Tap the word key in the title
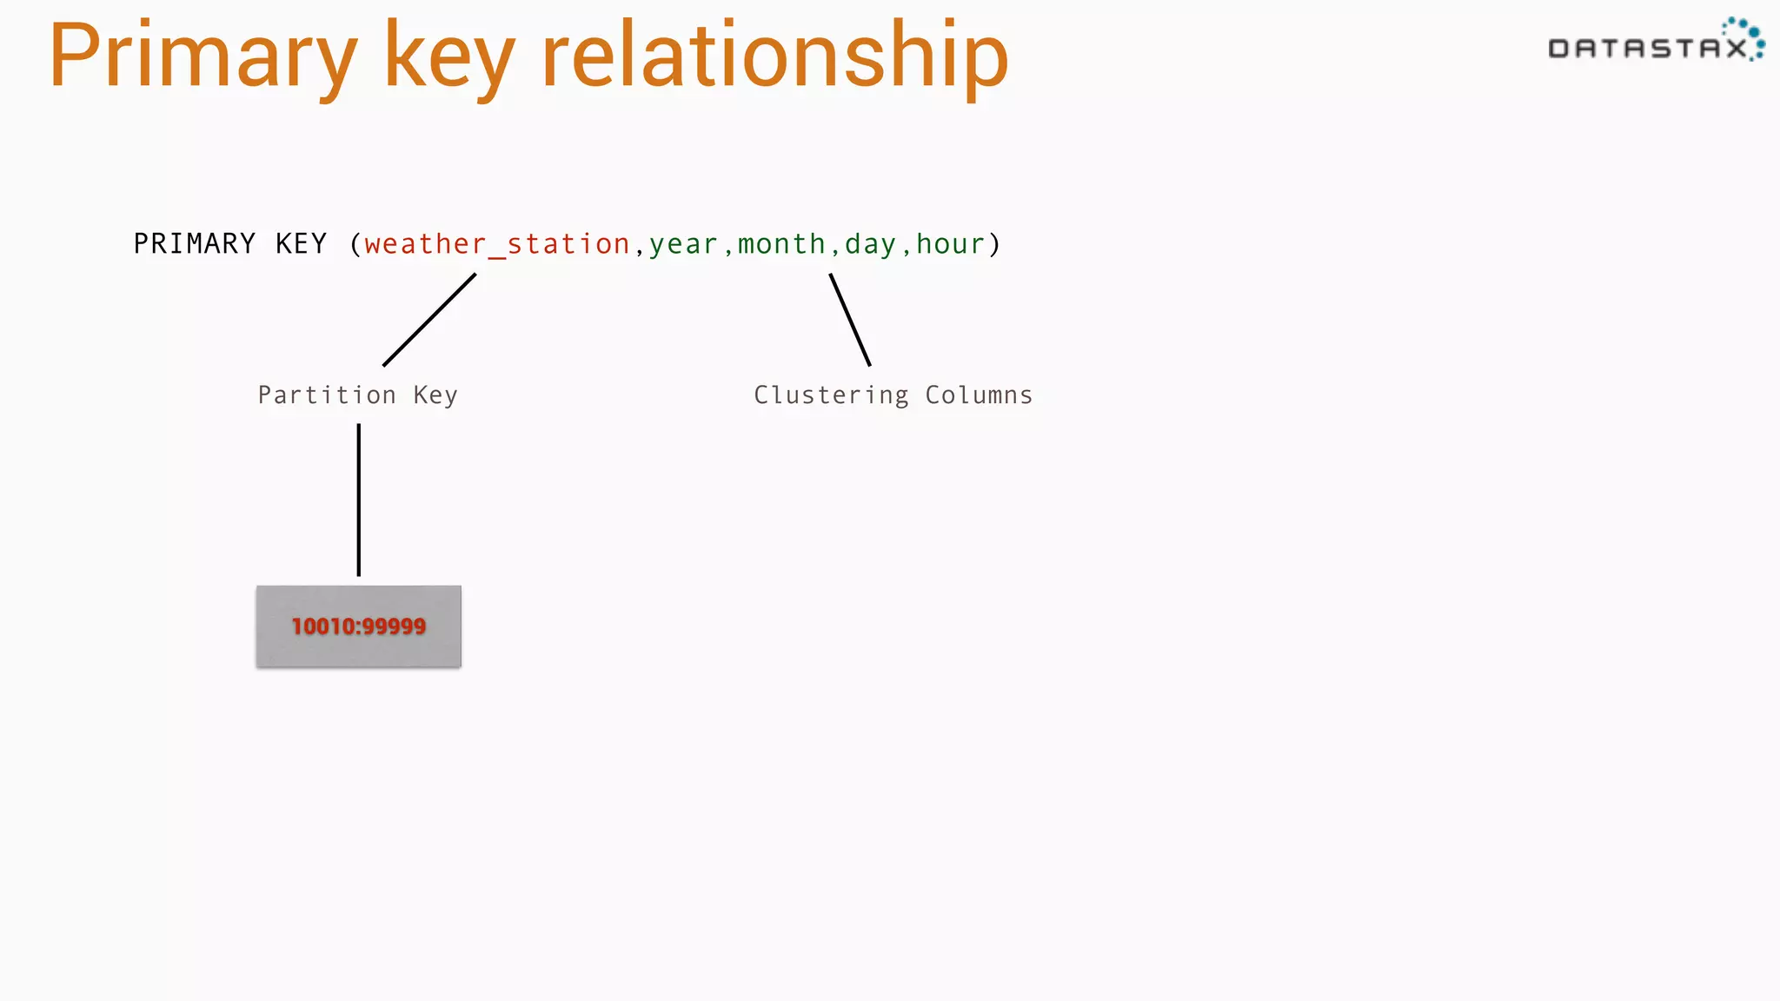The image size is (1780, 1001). pos(448,57)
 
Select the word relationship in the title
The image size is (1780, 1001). pos(774,57)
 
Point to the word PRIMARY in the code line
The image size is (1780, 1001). pos(195,244)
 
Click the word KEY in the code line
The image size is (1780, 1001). pos(301,244)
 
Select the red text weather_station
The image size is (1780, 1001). pos(496,244)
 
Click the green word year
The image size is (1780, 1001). pos(683,244)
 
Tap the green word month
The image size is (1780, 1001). pos(781,244)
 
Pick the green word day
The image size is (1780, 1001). pos(870,244)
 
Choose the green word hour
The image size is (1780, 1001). pos(950,244)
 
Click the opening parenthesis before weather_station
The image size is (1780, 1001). pos(355,244)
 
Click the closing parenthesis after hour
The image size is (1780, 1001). pos(995,244)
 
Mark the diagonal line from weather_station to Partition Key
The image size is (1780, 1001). pos(429,320)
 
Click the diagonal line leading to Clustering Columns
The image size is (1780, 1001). pos(850,320)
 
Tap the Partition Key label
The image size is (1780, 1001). pos(357,395)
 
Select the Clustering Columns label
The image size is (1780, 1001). pos(893,395)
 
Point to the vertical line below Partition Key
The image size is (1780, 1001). pos(358,500)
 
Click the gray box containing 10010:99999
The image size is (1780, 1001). pos(358,626)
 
